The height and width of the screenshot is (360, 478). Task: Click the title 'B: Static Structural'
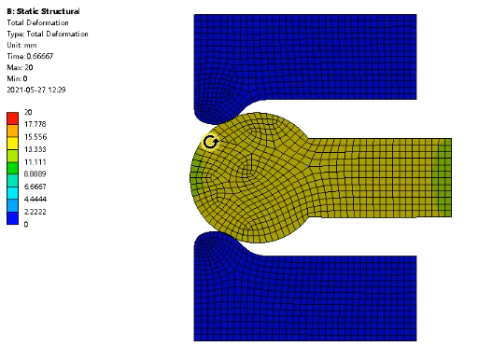[x=43, y=11]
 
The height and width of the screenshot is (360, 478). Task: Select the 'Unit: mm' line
[x=21, y=45]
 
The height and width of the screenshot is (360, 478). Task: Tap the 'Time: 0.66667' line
[x=30, y=56]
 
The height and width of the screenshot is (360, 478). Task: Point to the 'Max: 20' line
[x=20, y=67]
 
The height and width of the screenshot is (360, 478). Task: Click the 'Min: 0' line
[x=17, y=78]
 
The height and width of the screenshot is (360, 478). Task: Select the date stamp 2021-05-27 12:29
[x=36, y=90]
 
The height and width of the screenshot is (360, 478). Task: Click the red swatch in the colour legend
[x=12, y=118]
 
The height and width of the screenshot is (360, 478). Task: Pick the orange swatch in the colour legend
[x=12, y=131]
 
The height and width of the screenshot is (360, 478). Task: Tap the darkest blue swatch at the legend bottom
[x=12, y=218]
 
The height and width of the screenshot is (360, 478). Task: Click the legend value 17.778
[x=35, y=124]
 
